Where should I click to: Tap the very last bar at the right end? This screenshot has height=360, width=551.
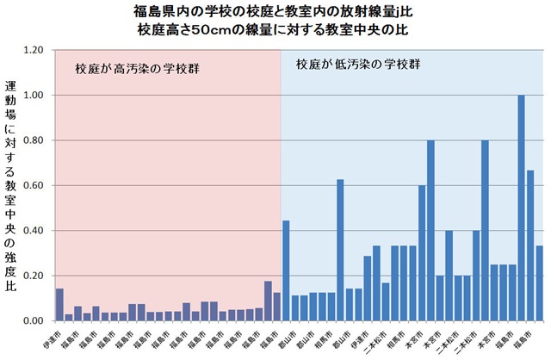539,283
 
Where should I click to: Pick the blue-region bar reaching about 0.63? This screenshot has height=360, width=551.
340,250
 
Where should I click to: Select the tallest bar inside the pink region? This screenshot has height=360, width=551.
268,301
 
